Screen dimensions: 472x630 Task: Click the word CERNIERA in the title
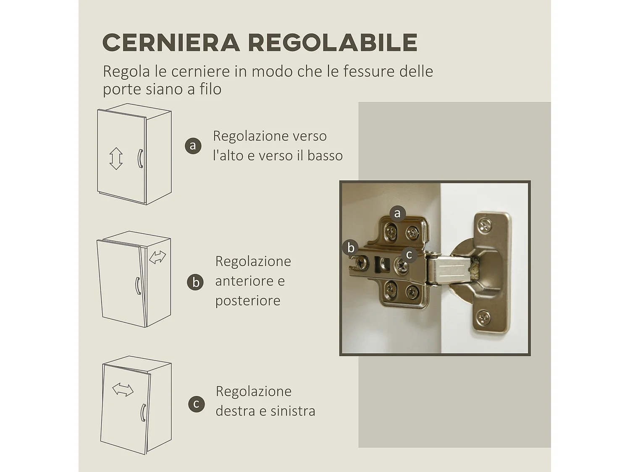171,42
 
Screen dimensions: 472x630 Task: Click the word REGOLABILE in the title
332,42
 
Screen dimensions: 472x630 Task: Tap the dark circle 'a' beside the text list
193,146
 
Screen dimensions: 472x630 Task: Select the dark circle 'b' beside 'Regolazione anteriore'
195,282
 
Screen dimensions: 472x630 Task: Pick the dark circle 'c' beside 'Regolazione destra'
196,404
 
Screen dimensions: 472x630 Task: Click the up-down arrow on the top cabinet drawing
116,158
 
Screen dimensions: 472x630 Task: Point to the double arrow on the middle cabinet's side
157,257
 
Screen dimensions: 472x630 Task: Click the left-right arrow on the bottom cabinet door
123,390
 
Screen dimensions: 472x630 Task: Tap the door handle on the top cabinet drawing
140,158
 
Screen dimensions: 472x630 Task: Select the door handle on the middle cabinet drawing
137,286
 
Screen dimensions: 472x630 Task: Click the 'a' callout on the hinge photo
397,214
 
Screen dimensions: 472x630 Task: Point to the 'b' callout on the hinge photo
351,248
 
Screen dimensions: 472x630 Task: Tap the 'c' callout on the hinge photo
409,254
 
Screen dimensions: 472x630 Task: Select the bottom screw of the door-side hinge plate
484,317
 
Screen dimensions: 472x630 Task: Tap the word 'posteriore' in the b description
248,300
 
